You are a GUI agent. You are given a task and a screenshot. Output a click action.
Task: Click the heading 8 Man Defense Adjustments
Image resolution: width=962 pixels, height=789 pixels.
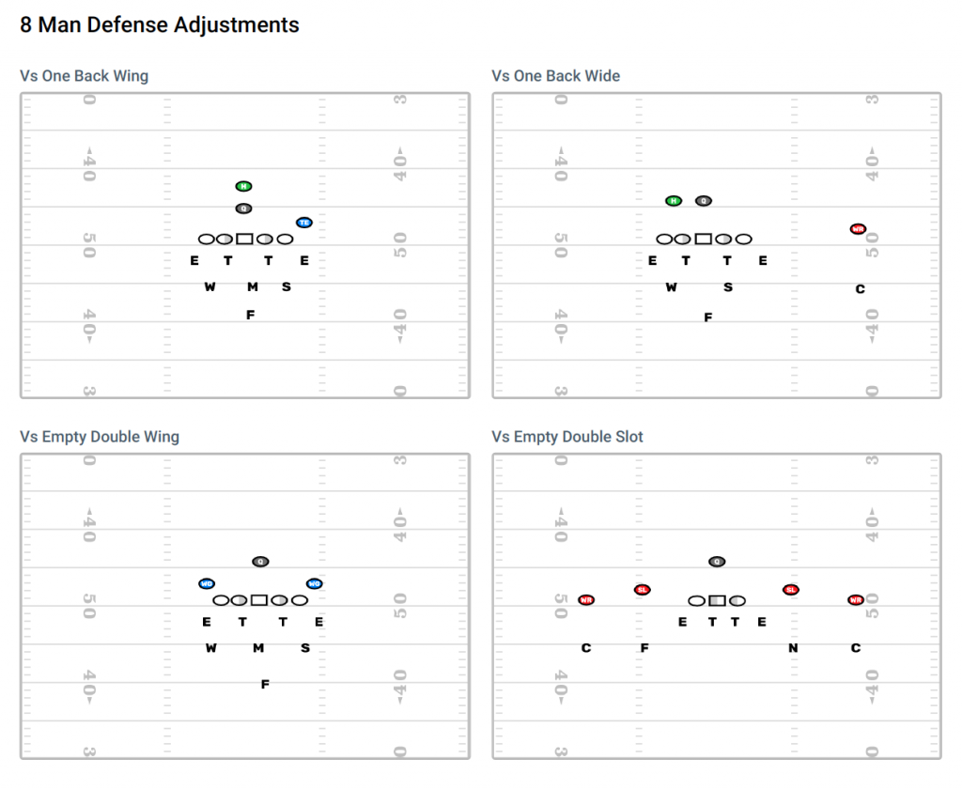point(160,25)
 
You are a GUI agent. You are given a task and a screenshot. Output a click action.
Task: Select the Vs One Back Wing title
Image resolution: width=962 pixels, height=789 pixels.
point(85,76)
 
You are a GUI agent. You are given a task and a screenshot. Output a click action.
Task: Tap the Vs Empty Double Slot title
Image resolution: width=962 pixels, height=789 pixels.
point(567,437)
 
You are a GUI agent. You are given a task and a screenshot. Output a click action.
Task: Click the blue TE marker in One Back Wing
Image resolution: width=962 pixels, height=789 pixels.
point(303,223)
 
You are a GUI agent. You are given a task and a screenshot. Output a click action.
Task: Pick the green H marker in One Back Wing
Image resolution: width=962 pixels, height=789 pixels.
point(243,186)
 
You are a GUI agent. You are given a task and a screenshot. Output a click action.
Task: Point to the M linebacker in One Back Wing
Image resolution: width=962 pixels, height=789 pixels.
point(253,287)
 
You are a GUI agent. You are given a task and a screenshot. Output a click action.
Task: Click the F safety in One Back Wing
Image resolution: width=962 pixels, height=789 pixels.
point(250,316)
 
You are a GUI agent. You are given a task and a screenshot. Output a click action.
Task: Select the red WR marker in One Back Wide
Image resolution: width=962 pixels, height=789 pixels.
point(858,228)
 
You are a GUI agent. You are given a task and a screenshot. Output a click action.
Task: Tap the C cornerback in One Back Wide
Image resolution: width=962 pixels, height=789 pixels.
point(860,289)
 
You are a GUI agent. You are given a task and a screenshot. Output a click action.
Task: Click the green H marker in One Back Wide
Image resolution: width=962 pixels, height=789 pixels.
point(674,201)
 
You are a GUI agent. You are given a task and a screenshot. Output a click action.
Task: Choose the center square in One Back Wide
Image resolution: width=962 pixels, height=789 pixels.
point(703,240)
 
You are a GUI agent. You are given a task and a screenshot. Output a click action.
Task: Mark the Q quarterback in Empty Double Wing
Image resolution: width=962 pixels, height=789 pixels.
point(260,562)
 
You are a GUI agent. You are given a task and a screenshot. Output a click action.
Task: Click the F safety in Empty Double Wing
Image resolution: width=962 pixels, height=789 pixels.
point(265,685)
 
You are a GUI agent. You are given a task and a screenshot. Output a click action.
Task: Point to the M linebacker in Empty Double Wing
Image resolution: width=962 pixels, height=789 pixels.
point(258,648)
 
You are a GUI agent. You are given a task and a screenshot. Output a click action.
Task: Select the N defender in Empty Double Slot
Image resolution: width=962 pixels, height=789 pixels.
point(793,648)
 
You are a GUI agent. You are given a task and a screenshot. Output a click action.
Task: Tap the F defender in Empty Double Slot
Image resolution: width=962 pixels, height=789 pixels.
point(644,648)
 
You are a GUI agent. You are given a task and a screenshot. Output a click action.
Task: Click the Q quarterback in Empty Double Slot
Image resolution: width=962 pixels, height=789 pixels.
point(717,562)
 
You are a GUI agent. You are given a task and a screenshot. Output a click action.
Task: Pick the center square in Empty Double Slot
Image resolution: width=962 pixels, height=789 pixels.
point(717,600)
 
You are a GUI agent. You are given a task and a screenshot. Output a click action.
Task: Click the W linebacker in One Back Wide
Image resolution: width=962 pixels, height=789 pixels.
point(671,287)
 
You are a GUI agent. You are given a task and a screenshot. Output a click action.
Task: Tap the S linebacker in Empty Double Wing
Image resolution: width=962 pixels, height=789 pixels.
point(305,648)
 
